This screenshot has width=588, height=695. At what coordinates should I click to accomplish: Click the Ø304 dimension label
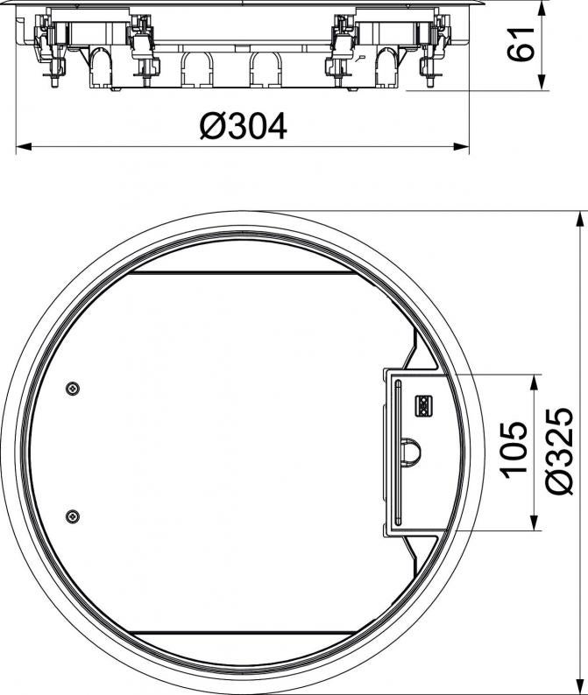[x=244, y=126]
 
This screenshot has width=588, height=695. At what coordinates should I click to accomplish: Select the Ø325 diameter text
[x=560, y=451]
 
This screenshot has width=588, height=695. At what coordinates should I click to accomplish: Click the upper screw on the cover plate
[x=73, y=389]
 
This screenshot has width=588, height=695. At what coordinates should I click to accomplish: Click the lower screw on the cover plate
[x=73, y=516]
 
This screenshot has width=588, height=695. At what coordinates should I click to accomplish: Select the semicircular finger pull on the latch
[x=409, y=450]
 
